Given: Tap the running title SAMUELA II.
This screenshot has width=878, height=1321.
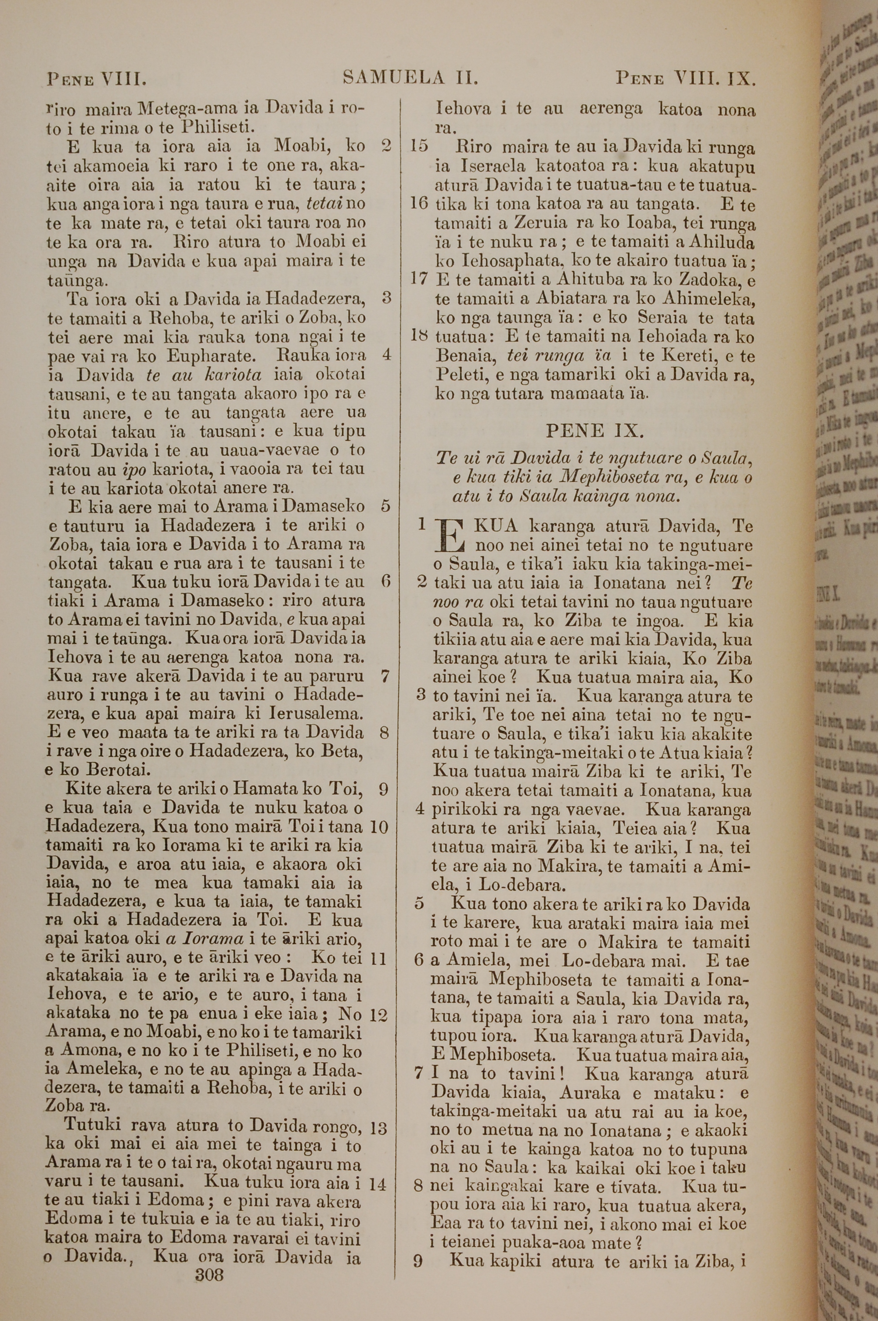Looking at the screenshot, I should click(x=410, y=77).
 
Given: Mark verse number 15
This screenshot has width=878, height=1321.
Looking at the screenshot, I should click(x=419, y=146).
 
